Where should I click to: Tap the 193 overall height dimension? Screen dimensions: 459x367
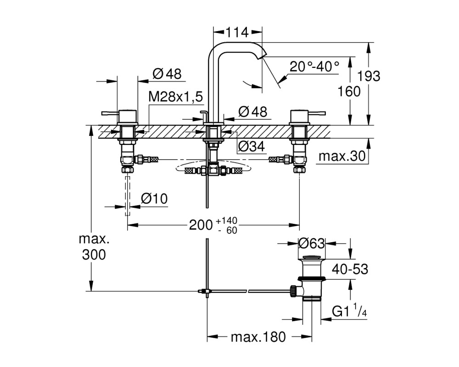369,76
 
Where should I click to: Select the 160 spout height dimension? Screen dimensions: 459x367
349,91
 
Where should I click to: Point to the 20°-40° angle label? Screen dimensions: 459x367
314,67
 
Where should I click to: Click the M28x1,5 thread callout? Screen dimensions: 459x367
176,97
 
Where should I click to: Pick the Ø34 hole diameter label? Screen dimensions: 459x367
251,146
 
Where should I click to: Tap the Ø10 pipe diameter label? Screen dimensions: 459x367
154,199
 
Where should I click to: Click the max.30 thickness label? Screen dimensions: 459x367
342,156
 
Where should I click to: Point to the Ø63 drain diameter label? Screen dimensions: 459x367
312,244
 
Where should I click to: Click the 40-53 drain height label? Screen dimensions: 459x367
350,269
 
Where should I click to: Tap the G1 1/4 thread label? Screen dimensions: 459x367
349,312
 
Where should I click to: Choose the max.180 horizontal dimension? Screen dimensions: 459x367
258,337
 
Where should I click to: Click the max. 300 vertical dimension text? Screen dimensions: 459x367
94,247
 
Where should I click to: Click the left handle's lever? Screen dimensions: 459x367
110,113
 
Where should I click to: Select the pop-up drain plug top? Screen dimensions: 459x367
312,257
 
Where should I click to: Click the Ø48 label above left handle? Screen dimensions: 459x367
167,74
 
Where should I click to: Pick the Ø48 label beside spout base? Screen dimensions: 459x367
253,112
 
